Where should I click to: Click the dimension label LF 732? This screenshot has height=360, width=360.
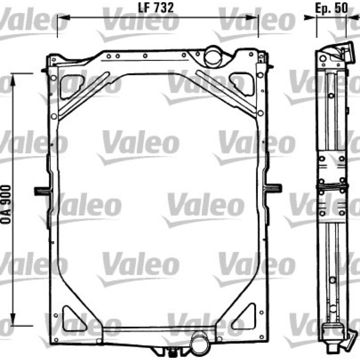[x=156, y=8]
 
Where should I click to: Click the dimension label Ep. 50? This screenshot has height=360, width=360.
[x=331, y=9]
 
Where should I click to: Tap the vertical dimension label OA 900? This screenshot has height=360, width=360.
[x=6, y=204]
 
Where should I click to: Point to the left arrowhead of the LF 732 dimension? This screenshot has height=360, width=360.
[x=63, y=18]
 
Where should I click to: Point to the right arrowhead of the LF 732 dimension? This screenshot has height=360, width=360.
[x=252, y=18]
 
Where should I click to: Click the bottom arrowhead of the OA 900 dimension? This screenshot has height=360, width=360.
[x=13, y=319]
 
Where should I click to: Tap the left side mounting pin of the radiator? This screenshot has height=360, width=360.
[x=42, y=191]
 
